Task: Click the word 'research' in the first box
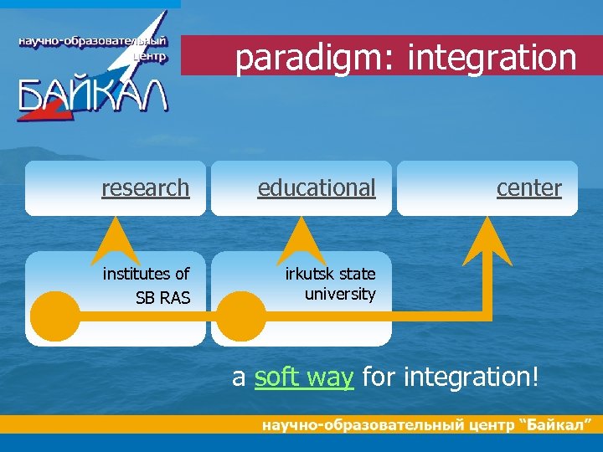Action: coord(145,188)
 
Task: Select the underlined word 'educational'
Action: coord(317,188)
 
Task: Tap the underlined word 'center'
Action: coord(528,188)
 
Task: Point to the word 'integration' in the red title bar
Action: coord(492,59)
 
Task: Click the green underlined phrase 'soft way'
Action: coord(303,378)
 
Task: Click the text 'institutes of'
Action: coord(146,274)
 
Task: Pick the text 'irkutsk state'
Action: coord(330,274)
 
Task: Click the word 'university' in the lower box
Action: coord(339,294)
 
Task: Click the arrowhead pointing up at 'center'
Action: coord(487,239)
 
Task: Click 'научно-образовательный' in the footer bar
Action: coord(361,425)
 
